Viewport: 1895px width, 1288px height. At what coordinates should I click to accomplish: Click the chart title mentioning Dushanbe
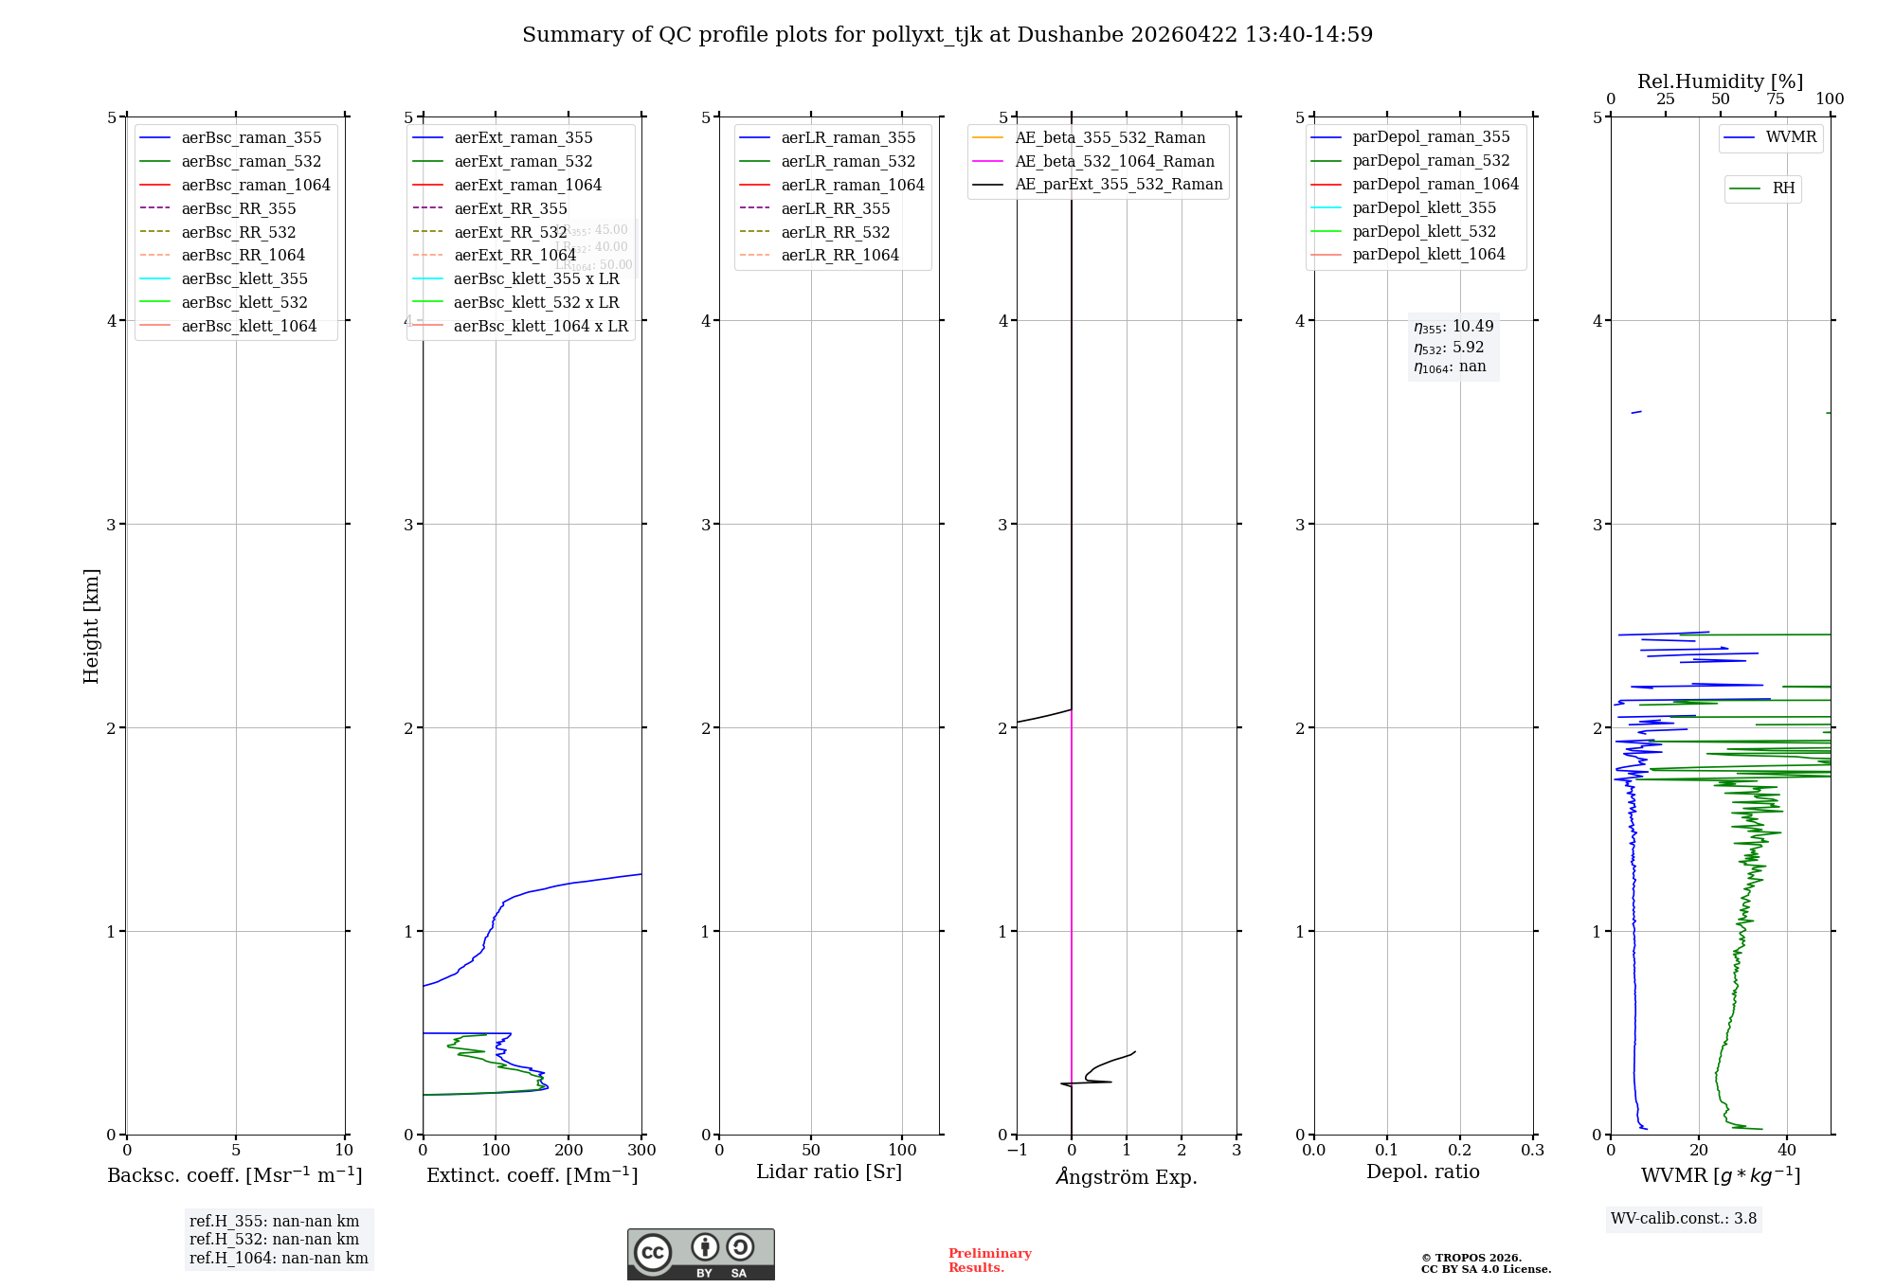(947, 35)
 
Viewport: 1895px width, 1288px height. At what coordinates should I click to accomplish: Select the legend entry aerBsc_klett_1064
(248, 326)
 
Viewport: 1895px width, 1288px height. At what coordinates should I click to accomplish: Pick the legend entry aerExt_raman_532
(523, 161)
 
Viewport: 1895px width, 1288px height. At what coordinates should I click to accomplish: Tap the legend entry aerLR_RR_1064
(839, 255)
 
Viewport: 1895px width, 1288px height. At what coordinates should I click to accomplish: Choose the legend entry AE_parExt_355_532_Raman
(1118, 184)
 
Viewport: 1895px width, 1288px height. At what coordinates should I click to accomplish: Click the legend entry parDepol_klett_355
(1424, 207)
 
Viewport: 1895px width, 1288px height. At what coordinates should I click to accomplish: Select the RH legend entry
(1783, 188)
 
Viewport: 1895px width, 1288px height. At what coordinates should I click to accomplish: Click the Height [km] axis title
(91, 625)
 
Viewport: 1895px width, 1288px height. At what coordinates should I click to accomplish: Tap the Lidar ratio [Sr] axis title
(829, 1172)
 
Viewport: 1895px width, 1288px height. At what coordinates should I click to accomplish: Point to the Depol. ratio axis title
(1422, 1172)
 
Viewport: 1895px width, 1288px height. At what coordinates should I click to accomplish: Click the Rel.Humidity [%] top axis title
(1720, 81)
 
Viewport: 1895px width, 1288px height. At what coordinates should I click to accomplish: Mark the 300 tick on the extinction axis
(641, 1151)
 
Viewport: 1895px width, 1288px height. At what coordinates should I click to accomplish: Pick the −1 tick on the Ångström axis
(1017, 1151)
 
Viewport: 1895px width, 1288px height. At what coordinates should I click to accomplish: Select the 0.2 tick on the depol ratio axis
(1460, 1151)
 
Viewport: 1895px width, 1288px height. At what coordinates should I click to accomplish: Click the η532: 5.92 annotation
(1449, 348)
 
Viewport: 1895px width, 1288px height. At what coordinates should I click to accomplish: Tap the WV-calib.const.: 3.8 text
(1684, 1219)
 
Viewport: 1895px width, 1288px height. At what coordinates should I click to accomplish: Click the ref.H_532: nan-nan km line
(274, 1240)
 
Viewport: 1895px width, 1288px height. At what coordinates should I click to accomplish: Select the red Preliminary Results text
(989, 1261)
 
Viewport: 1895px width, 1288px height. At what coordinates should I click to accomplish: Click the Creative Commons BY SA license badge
(700, 1254)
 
